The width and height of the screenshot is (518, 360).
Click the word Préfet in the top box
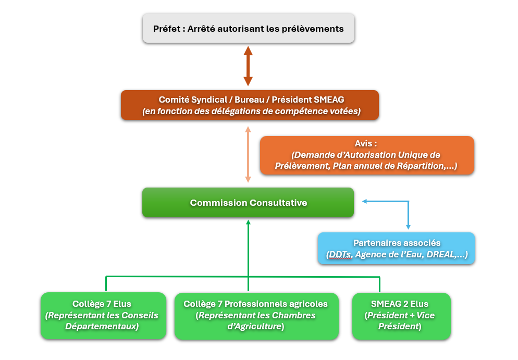pos(167,29)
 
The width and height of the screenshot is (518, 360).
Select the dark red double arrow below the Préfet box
pos(248,66)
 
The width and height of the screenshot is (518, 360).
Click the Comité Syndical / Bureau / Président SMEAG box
pos(250,105)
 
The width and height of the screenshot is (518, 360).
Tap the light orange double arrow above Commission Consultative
pos(248,154)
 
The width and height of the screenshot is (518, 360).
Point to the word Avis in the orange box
pos(363,144)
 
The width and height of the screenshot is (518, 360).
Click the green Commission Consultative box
pos(248,203)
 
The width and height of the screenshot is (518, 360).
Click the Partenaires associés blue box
pos(397,249)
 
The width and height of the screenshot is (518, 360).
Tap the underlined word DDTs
pos(340,255)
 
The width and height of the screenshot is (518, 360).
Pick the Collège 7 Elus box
pos(103,315)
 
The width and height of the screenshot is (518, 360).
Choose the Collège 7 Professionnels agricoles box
pos(256,316)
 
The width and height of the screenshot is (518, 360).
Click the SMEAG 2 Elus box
pos(401,316)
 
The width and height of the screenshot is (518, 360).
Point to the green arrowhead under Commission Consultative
pos(248,222)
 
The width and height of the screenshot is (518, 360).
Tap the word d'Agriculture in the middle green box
pos(254,326)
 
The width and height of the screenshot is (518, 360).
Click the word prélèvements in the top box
pos(313,29)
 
